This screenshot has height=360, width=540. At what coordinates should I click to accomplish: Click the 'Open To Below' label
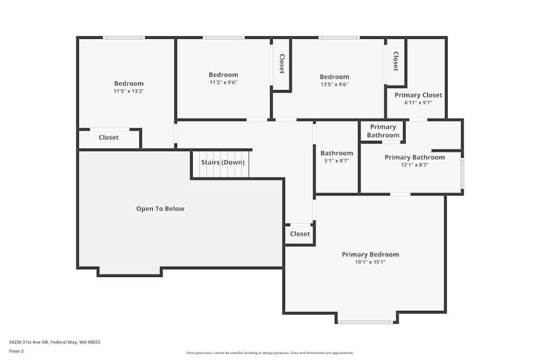160,209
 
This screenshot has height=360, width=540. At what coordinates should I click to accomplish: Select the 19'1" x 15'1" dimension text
370,262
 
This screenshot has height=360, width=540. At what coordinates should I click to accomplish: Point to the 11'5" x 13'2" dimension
129,91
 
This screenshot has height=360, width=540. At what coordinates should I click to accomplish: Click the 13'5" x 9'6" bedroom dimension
334,84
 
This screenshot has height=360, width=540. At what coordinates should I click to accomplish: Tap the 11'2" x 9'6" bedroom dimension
223,83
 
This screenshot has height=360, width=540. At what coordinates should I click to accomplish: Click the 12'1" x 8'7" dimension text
414,165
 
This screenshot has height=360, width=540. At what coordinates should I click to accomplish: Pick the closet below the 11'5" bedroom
109,138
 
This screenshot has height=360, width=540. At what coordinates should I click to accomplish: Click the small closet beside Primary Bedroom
300,234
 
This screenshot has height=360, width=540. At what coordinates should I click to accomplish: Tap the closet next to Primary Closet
396,61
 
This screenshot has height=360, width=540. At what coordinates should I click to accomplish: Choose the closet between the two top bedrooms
281,64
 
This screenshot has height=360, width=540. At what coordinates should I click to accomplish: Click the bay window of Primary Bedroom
365,322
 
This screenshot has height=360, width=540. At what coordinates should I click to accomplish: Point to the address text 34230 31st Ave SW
55,342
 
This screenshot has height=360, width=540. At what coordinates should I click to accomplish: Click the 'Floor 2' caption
16,351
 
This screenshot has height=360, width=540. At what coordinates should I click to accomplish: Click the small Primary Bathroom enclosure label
383,131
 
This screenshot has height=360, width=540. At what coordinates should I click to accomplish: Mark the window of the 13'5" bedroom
339,37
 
